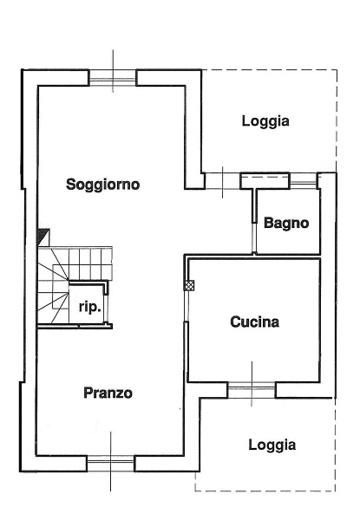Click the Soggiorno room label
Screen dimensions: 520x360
tap(103, 185)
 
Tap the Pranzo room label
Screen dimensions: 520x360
tap(108, 393)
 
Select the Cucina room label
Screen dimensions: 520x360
tap(254, 322)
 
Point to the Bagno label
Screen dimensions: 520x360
tap(286, 223)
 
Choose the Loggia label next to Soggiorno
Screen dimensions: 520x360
tap(265, 121)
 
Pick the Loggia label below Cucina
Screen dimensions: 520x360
tap(272, 445)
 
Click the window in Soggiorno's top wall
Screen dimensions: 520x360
tap(113, 80)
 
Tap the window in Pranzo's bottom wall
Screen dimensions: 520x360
tap(111, 464)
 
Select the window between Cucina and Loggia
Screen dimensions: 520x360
tap(252, 390)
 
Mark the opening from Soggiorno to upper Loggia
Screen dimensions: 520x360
tap(223, 180)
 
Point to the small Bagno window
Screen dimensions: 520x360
tap(303, 180)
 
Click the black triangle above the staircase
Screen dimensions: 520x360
tap(43, 235)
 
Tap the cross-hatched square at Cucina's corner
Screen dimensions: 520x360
tap(189, 284)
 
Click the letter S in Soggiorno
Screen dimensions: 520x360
tap(71, 185)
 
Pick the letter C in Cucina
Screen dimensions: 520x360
tap(236, 322)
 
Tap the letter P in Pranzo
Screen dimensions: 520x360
tap(88, 393)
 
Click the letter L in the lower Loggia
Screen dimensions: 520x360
tap(252, 445)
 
